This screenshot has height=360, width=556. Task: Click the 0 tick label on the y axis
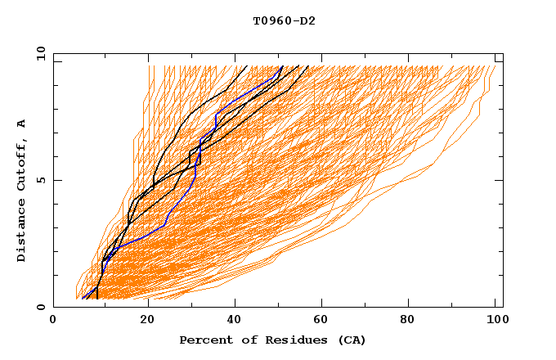pyautogui.click(x=40, y=308)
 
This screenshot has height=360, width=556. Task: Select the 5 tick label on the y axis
pyautogui.click(x=40, y=180)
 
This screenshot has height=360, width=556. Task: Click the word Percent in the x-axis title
pyautogui.click(x=203, y=340)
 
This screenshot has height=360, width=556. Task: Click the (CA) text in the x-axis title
pyautogui.click(x=352, y=340)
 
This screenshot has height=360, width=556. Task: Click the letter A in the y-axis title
pyautogui.click(x=22, y=124)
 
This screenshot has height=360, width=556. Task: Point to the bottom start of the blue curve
pyautogui.click(x=83, y=299)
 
